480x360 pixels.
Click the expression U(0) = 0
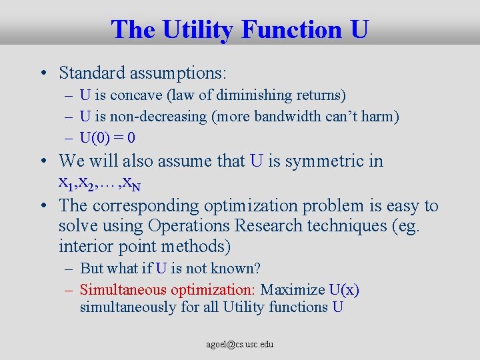click(107, 139)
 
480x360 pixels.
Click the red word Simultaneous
click(123, 290)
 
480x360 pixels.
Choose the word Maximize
click(292, 290)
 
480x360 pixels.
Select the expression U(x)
click(344, 290)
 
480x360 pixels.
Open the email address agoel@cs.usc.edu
click(240, 345)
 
